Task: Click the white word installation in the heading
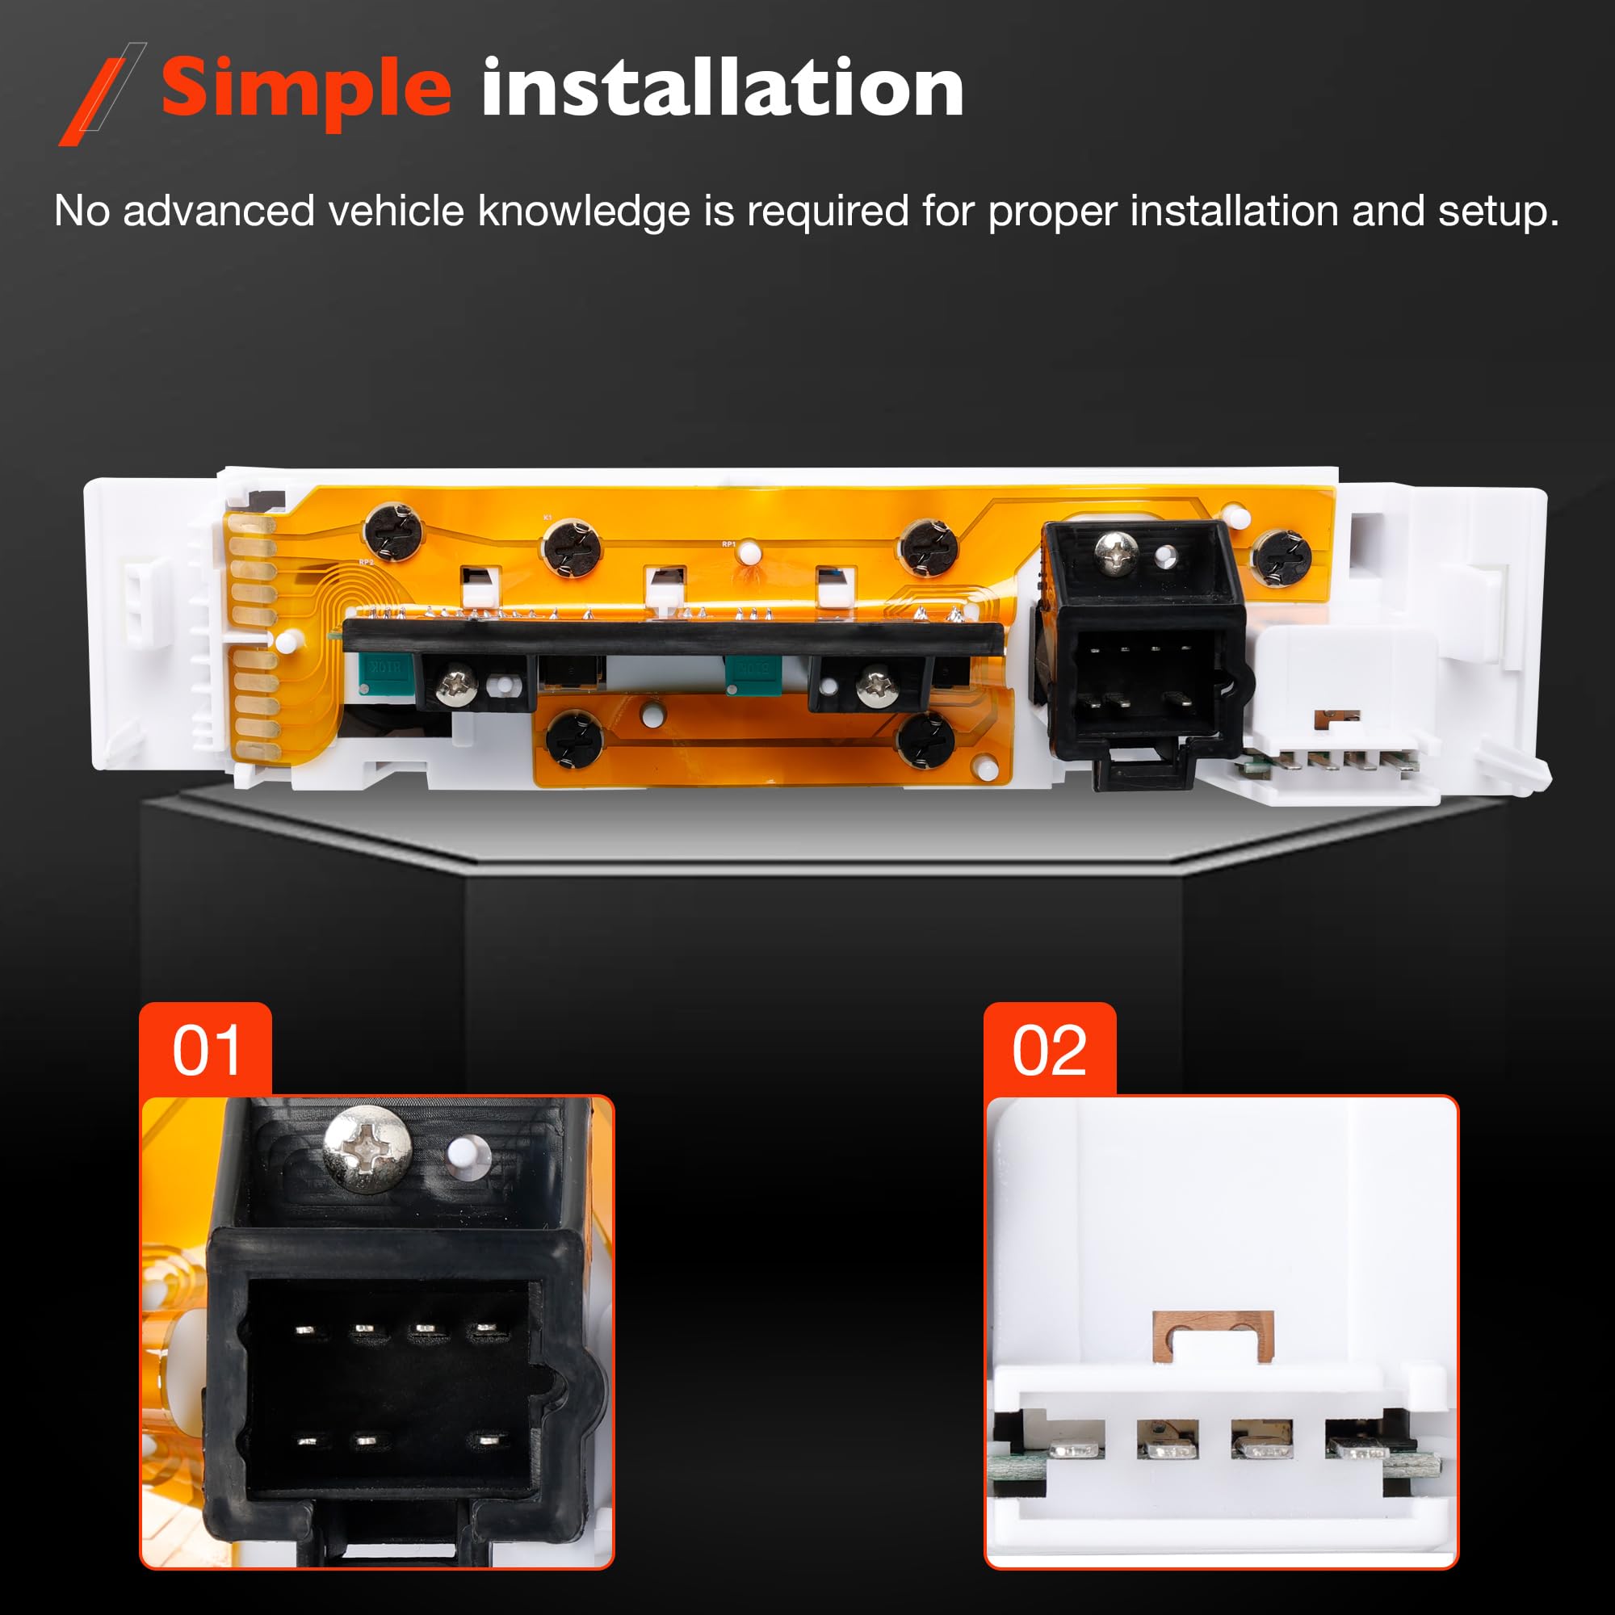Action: point(722,88)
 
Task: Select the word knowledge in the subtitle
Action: point(584,212)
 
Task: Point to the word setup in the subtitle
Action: point(1497,212)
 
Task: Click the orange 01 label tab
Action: point(206,1050)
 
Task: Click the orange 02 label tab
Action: point(1049,1050)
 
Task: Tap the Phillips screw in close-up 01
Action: point(367,1148)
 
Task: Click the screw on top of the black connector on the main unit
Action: point(1116,552)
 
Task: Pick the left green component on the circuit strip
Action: point(385,669)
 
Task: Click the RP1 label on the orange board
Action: point(729,544)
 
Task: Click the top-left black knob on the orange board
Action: point(393,530)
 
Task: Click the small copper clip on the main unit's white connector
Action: point(1337,717)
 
